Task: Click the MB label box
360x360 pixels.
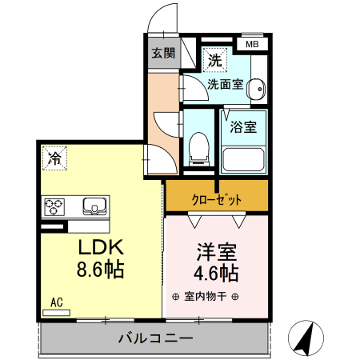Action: [252, 45]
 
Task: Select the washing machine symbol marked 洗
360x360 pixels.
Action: [214, 59]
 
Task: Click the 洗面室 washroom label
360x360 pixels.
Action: [224, 82]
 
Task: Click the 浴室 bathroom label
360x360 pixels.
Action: [243, 126]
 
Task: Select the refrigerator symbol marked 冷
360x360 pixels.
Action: [54, 157]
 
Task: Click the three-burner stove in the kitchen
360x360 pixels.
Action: [55, 207]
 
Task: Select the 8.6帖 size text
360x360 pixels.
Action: [99, 270]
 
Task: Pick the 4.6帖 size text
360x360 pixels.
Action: [215, 274]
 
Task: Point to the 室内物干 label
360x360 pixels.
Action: [206, 298]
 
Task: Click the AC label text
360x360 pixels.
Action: [57, 302]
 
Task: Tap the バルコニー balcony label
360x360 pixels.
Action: [155, 338]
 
